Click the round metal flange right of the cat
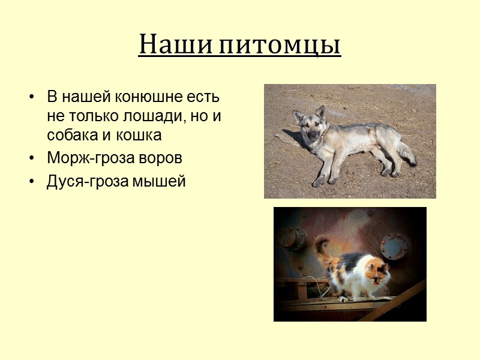[x=394, y=246]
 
